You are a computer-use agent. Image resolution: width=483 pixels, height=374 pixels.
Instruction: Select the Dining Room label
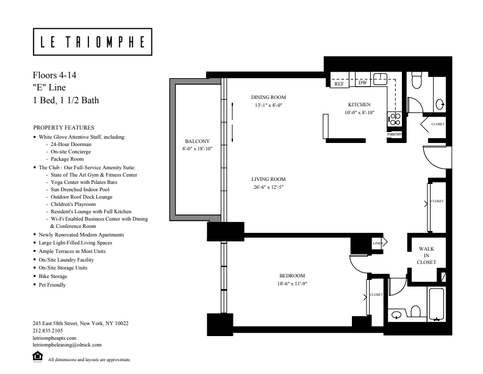(268, 97)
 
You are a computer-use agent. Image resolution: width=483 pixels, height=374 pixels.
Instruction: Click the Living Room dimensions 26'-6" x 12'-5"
(268, 186)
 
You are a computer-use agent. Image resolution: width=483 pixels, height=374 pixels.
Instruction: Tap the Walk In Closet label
(426, 255)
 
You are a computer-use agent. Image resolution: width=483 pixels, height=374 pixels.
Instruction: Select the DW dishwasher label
(362, 82)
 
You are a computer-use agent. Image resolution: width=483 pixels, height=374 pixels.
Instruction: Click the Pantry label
(394, 134)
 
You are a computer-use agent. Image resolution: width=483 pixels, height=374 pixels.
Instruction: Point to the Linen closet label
(377, 243)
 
